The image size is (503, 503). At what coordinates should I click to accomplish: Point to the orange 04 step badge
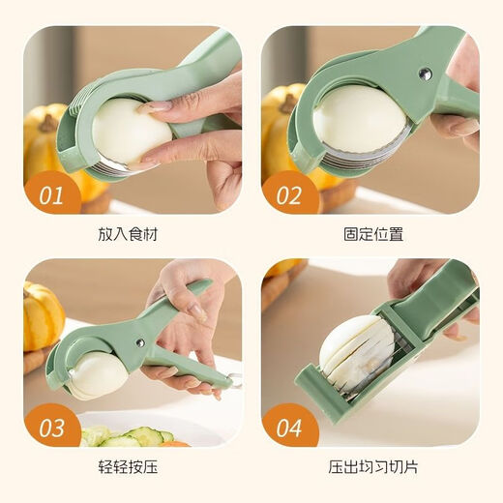(289, 427)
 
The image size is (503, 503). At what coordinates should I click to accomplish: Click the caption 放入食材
(132, 235)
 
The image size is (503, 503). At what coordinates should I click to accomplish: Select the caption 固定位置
(370, 235)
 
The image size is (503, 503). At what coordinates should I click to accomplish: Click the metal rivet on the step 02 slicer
(422, 74)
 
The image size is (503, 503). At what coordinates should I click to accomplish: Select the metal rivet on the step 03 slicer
(137, 342)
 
